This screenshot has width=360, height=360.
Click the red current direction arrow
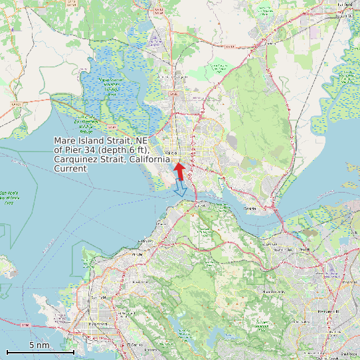click(179, 170)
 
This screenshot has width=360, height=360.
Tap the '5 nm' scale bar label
click(39, 345)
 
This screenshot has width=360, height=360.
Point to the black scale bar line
click(40, 352)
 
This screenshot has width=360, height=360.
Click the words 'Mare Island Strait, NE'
click(100, 141)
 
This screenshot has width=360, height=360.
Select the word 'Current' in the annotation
click(70, 169)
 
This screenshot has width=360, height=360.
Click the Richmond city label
click(98, 323)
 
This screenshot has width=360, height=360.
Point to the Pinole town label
click(137, 254)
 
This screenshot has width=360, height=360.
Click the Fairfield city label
click(345, 4)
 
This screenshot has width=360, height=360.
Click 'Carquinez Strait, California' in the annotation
click(108, 160)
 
